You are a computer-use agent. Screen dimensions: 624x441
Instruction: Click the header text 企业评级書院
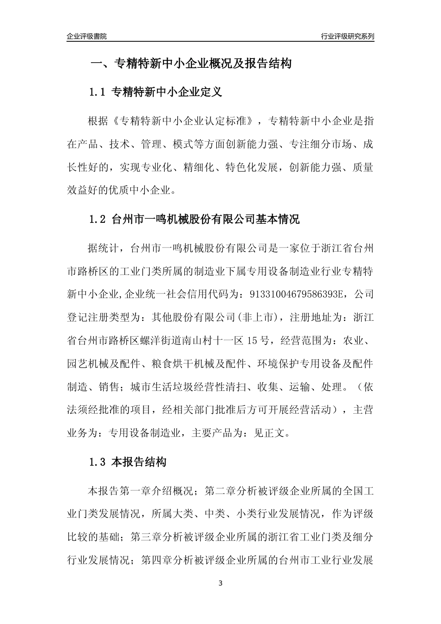87,36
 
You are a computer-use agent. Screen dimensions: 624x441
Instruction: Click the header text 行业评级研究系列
347,36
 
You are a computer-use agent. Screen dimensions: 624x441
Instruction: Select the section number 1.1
98,92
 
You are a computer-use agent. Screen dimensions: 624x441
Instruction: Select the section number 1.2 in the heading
98,219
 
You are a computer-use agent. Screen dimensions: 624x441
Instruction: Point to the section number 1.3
98,462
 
